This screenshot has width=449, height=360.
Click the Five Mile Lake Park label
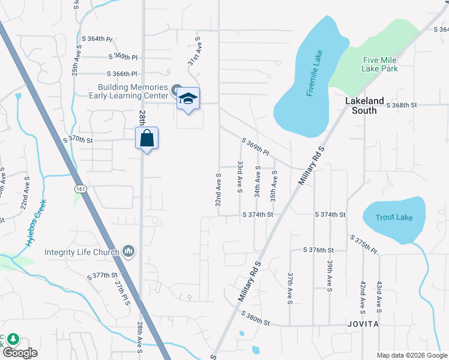[380, 64]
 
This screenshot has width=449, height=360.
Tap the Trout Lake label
[394, 217]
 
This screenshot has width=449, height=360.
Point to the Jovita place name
[363, 324]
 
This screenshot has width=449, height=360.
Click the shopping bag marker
[147, 139]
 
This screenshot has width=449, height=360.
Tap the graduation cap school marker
[188, 100]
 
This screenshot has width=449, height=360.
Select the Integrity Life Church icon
[127, 250]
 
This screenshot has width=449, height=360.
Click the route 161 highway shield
[80, 189]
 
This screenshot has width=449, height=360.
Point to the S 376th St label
[318, 250]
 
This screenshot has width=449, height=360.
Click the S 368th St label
[402, 105]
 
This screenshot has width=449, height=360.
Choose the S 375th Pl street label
[364, 245]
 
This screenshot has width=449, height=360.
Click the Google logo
[20, 353]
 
